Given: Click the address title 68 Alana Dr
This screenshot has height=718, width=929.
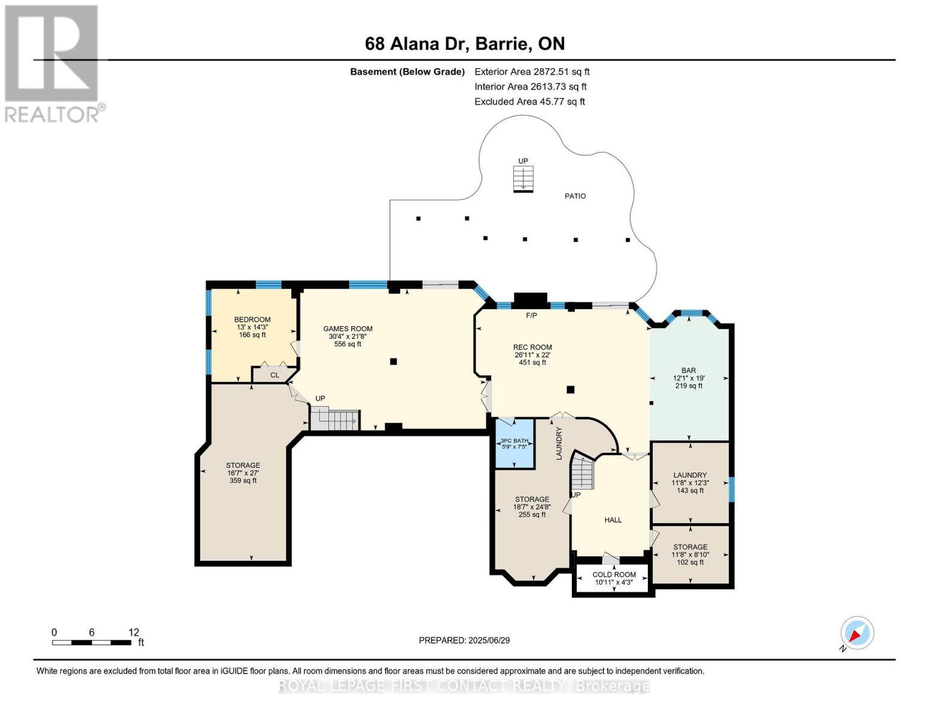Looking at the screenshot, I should [x=465, y=44].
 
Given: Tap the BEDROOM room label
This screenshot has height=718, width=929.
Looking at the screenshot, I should [x=252, y=320].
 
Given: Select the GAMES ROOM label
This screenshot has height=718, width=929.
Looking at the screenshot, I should [x=348, y=328].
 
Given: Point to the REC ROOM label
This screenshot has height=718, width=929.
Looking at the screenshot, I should [x=532, y=347].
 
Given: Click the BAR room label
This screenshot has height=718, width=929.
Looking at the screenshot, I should [x=689, y=370].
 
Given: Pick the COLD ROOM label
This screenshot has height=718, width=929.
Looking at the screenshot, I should [x=614, y=574].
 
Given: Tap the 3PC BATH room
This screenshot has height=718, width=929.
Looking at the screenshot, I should [x=514, y=443].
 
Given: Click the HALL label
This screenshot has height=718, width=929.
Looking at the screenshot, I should [x=613, y=520].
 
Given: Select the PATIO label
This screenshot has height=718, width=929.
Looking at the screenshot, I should [x=575, y=196].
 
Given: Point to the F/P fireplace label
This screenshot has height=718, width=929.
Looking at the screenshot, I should [x=531, y=315].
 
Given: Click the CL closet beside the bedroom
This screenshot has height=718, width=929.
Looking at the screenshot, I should [x=275, y=375].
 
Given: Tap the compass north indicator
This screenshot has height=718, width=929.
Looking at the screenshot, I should [x=857, y=634].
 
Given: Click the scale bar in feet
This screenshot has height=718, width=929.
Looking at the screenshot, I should [x=92, y=643].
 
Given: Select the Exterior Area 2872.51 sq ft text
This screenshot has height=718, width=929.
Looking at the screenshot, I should [x=532, y=71].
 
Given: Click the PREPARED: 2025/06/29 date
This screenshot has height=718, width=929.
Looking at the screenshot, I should [x=464, y=640].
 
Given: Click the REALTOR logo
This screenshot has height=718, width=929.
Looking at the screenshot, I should [x=53, y=63].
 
